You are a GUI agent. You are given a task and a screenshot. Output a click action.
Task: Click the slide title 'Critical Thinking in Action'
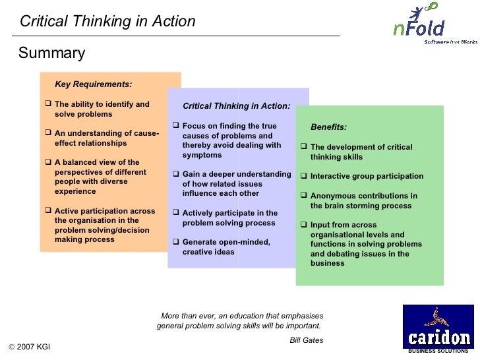click(x=107, y=21)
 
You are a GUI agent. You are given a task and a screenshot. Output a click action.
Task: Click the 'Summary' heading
click(x=51, y=53)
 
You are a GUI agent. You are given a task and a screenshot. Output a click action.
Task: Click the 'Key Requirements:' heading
click(x=93, y=84)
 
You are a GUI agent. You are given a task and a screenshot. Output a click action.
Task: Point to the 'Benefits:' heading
click(x=328, y=127)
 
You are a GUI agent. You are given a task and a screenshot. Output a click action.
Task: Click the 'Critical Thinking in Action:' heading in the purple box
click(x=236, y=105)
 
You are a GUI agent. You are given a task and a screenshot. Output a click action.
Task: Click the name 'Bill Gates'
click(x=306, y=340)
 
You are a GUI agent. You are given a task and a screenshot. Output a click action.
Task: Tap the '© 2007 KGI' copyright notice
click(x=30, y=347)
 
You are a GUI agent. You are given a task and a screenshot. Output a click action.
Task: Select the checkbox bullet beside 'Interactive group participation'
click(x=304, y=177)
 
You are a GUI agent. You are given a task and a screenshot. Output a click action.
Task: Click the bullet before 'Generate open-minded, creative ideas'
click(x=175, y=242)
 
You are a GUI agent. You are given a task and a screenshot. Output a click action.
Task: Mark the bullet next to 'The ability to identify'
click(x=48, y=104)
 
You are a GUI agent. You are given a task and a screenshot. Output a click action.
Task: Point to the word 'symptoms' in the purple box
click(x=202, y=155)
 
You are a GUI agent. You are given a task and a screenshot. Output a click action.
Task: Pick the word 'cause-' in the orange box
click(x=146, y=133)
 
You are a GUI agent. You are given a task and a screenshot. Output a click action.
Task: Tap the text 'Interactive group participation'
click(x=367, y=177)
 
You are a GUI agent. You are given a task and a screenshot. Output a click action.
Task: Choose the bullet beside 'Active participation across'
click(x=48, y=211)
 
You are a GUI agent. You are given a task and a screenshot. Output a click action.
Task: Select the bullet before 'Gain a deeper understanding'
click(x=175, y=175)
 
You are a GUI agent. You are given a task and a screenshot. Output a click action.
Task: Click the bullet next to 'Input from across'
click(x=304, y=225)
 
